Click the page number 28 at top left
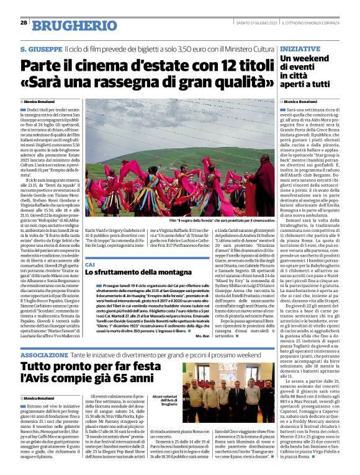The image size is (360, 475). (x=23, y=22)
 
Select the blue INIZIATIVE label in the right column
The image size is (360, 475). (x=300, y=47)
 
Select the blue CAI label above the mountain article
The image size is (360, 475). (x=90, y=264)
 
